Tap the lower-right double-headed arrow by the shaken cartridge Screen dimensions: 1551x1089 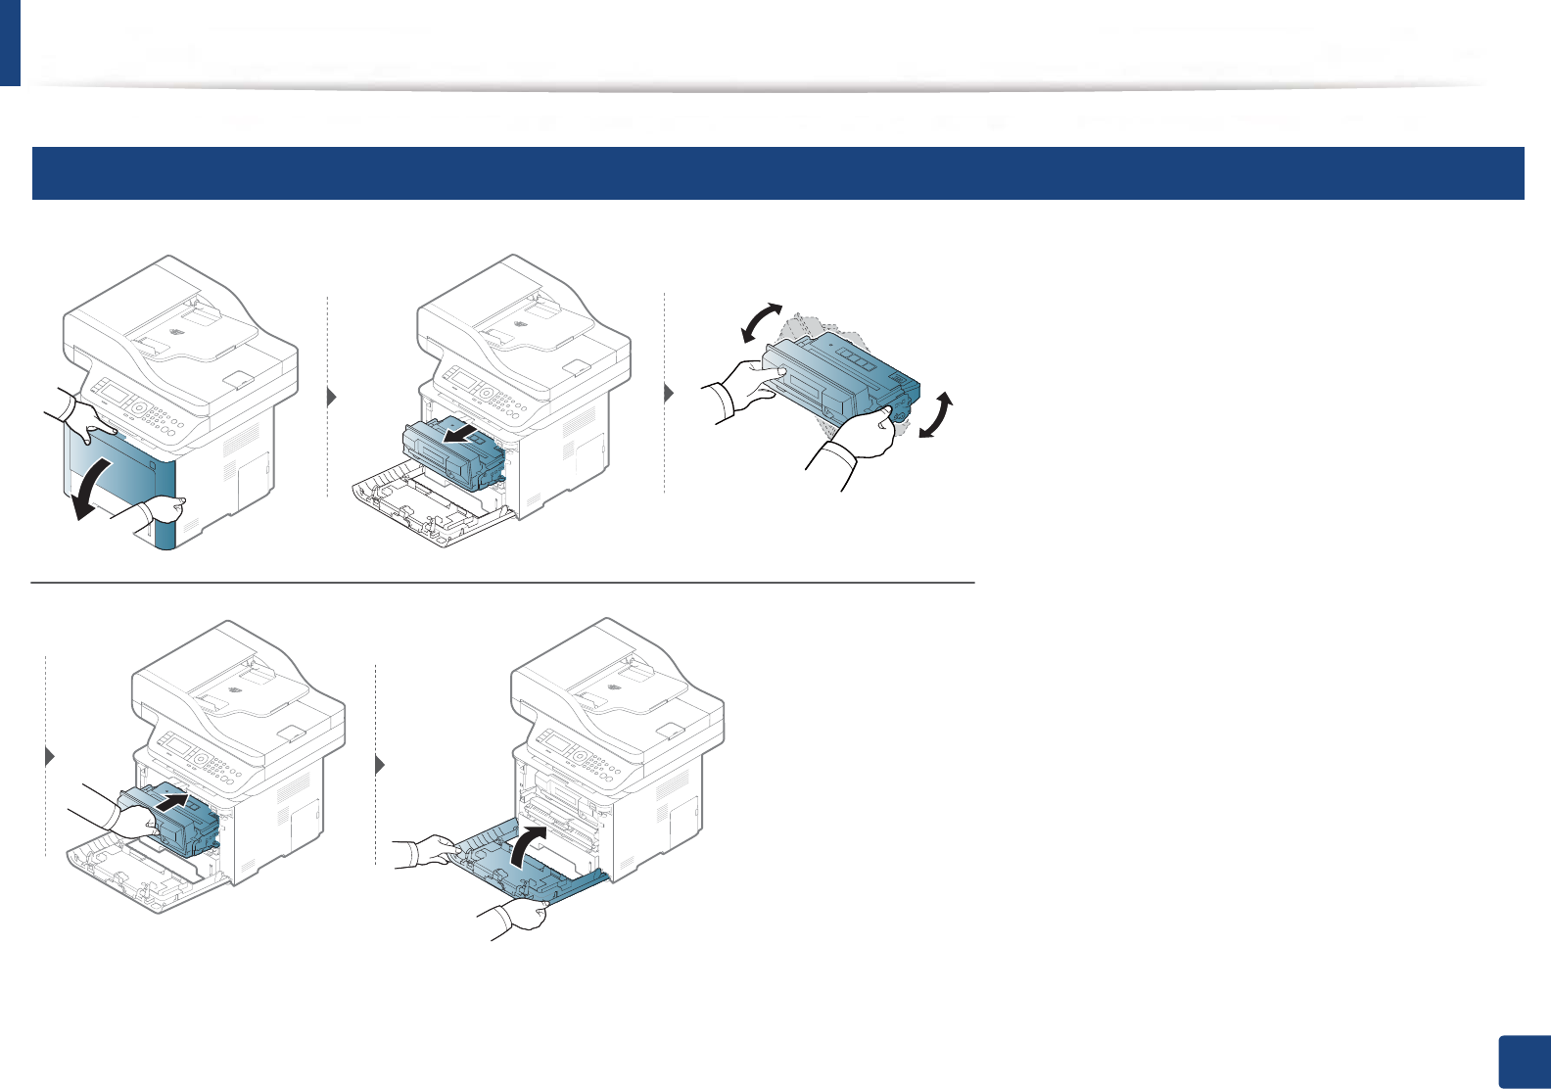(935, 416)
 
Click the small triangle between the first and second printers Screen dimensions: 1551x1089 (332, 397)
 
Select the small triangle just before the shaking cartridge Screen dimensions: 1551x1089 (670, 394)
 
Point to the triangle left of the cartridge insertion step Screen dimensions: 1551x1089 (50, 757)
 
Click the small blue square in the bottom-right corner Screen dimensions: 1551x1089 (1524, 1062)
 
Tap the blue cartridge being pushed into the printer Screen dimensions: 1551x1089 (171, 818)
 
